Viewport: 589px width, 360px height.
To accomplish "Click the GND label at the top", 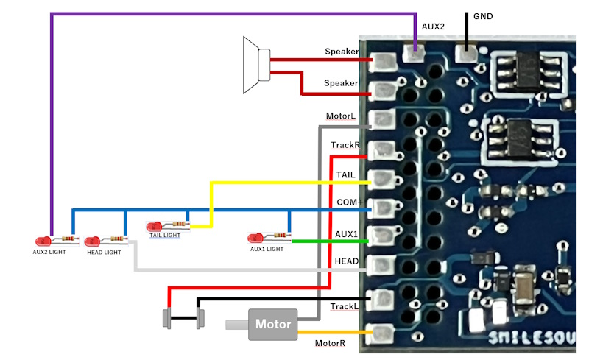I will tap(483, 16).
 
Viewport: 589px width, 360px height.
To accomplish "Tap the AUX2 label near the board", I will tap(434, 27).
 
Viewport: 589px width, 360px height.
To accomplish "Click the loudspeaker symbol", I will tap(255, 66).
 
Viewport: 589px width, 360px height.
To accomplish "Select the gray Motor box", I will tap(272, 324).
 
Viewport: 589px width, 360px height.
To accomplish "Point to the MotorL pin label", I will tap(341, 116).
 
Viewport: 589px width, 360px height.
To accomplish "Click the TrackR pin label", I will tap(345, 145).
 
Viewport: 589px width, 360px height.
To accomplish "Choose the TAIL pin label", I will tap(345, 174).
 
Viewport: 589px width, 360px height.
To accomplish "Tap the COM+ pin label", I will tap(347, 202).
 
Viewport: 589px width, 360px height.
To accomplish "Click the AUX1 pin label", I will tap(346, 233).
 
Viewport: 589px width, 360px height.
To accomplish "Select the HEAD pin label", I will tap(346, 261).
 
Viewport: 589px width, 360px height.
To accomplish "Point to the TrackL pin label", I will tap(344, 306).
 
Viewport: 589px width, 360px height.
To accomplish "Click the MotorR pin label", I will tap(330, 343).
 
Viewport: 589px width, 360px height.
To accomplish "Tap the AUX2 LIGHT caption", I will tap(50, 253).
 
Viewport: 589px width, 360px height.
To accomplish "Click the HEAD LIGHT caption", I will tap(103, 253).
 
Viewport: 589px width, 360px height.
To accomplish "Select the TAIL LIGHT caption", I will tap(165, 236).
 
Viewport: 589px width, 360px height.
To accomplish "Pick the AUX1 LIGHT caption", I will tap(267, 249).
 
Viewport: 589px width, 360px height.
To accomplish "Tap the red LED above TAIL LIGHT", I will tap(155, 226).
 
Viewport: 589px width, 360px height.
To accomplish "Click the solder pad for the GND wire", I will tap(465, 53).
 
